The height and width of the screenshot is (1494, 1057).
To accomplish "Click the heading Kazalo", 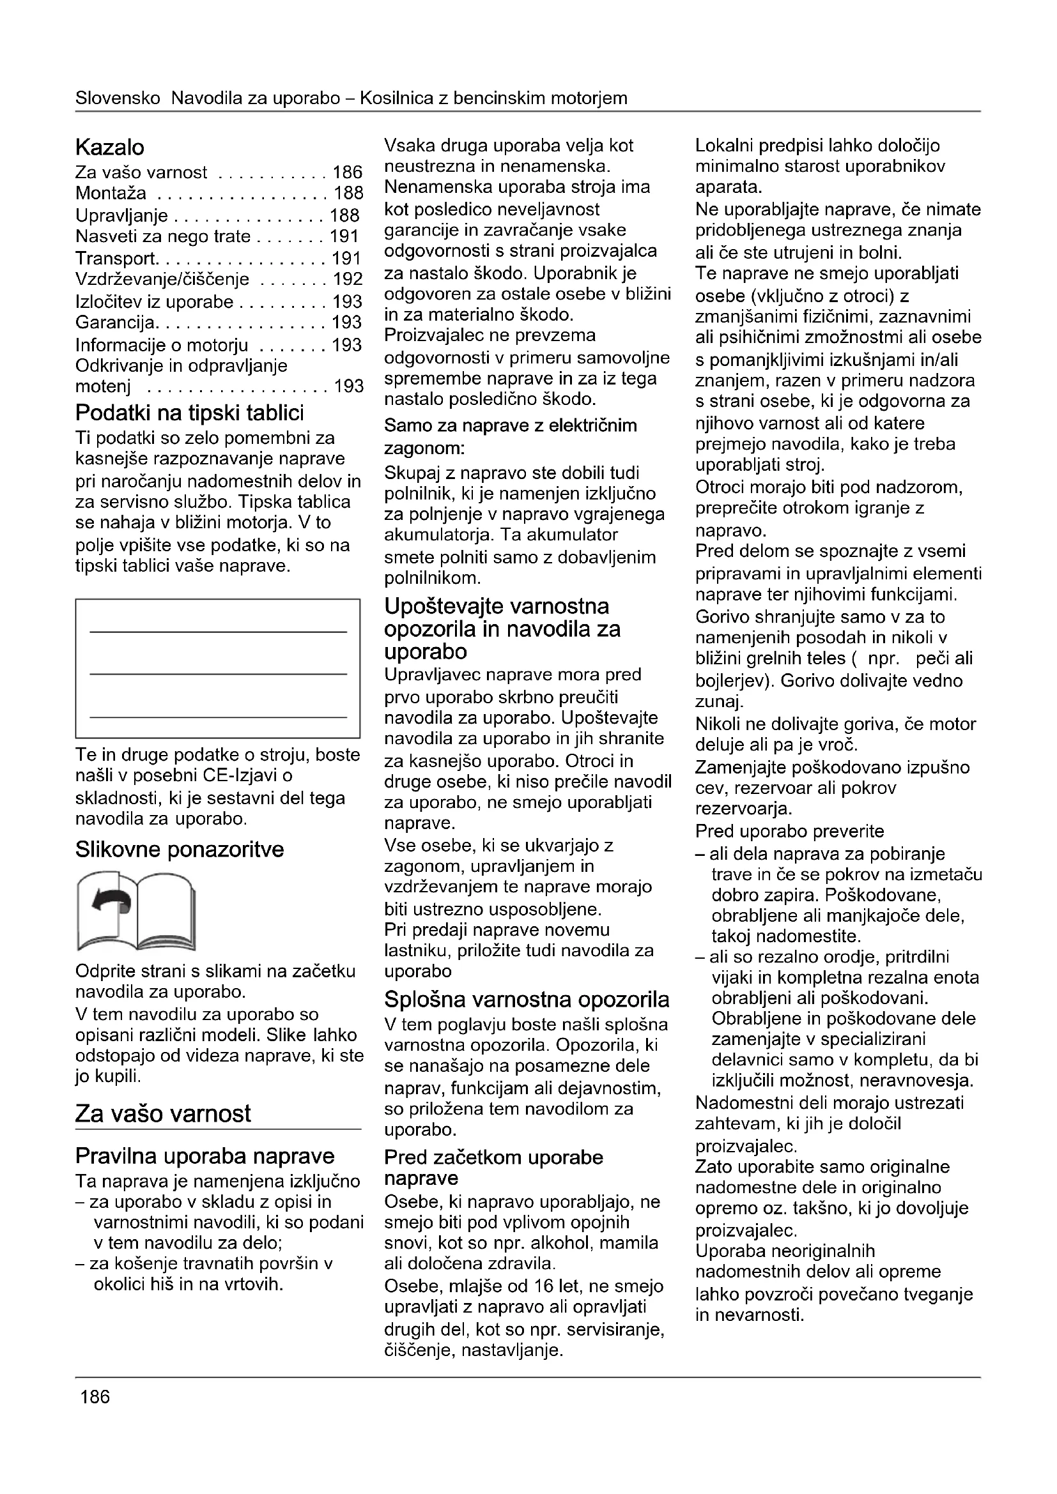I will [x=110, y=148].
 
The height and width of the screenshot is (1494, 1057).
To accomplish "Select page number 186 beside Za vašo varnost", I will [x=347, y=172].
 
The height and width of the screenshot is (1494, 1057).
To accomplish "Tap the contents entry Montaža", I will [x=111, y=194].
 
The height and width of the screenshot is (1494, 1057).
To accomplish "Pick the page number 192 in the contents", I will [x=347, y=280].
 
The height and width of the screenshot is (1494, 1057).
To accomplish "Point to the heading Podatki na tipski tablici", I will [x=189, y=413].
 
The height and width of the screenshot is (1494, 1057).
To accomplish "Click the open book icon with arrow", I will [x=136, y=911].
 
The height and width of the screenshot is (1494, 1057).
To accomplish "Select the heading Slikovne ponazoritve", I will [x=180, y=850].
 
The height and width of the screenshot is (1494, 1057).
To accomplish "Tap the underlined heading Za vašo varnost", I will [x=163, y=1113].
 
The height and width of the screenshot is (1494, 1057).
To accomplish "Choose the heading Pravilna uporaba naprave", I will [x=205, y=1156].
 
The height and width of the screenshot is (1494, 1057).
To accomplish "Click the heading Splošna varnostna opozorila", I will [x=527, y=1000].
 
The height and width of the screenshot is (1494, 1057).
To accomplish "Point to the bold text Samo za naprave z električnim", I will [x=510, y=425].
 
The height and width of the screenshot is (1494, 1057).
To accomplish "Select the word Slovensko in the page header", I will [x=118, y=98].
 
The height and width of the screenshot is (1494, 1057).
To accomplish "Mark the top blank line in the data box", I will [x=218, y=631].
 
